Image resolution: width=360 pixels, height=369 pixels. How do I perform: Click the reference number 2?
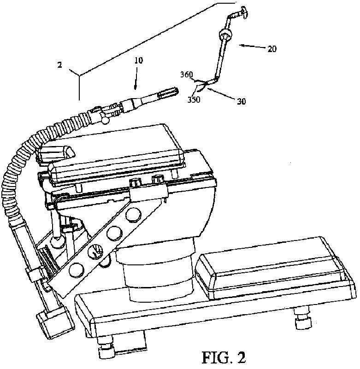pos(59,65)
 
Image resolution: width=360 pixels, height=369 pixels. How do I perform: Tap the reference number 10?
pos(138,61)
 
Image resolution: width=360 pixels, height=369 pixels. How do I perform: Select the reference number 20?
pos(272,49)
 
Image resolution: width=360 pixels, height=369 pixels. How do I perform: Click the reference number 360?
pos(187,74)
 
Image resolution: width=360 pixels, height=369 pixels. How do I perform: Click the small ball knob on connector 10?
pos(106,120)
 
